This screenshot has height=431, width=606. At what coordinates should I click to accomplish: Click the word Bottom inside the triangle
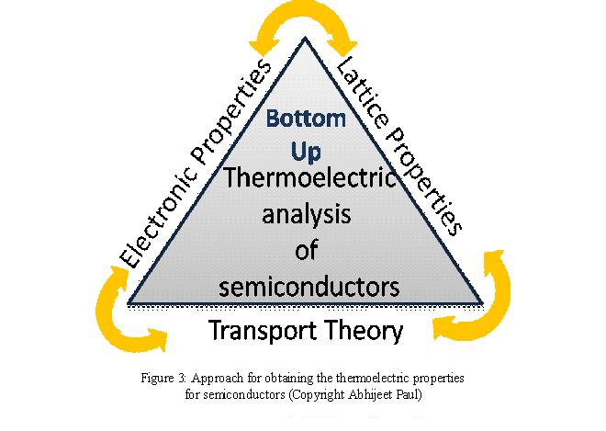click(306, 119)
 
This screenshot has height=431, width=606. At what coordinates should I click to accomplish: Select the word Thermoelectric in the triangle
click(309, 177)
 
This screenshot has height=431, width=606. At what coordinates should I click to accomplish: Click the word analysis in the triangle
click(307, 216)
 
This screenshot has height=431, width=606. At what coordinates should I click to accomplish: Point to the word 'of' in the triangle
click(307, 250)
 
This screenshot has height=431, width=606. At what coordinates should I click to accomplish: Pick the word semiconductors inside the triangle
click(309, 286)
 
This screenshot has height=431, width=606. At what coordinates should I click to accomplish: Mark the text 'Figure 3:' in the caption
click(163, 378)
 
